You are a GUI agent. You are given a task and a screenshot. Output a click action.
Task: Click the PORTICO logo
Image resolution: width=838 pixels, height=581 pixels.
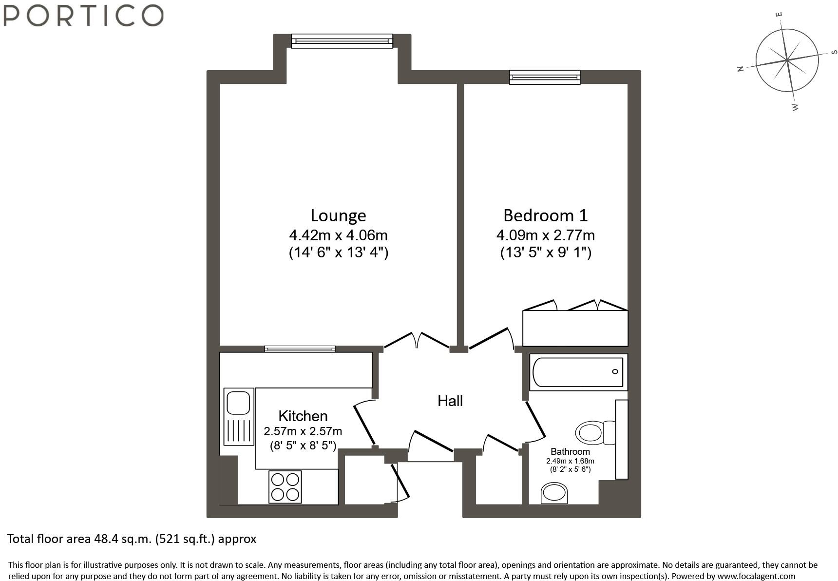[x=83, y=15]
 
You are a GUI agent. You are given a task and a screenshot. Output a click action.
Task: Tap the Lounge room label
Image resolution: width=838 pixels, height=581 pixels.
[x=338, y=215]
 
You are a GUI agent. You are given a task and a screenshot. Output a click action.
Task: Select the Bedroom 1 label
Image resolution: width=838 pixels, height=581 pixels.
[x=545, y=215]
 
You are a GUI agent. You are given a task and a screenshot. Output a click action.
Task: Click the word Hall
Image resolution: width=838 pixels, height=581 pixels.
[x=450, y=401]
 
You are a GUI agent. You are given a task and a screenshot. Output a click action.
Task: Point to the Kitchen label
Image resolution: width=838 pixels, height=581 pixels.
[x=303, y=416]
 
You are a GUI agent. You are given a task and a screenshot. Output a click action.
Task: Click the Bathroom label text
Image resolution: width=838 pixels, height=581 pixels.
[x=570, y=452]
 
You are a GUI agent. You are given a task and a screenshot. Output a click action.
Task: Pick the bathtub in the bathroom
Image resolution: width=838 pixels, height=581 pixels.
[x=578, y=372]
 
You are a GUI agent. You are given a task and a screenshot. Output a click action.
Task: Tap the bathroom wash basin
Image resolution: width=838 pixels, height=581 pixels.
[x=554, y=493]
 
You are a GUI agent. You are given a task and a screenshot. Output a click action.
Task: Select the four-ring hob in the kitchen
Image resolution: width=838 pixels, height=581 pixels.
[x=285, y=487]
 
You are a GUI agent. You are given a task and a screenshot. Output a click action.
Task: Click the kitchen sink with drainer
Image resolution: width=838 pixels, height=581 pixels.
[x=239, y=416]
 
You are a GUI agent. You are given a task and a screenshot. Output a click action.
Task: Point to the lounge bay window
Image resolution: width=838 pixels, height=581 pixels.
[x=342, y=41]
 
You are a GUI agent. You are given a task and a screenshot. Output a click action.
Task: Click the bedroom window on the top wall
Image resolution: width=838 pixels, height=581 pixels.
[x=545, y=77]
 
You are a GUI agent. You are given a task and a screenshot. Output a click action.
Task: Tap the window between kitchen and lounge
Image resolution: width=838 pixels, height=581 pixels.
[x=300, y=349]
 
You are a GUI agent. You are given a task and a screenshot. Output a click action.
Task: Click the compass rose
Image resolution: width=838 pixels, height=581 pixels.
[x=787, y=60]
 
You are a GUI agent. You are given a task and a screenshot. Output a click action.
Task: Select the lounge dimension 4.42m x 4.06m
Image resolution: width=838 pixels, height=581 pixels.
[x=338, y=235]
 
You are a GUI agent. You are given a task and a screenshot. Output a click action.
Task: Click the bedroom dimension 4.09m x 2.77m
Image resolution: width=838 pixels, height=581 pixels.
[x=545, y=235]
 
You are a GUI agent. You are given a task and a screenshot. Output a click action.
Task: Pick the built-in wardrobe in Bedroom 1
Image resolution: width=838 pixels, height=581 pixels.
[x=575, y=328]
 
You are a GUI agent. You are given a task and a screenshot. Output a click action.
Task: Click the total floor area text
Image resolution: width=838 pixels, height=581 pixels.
[x=132, y=539]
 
